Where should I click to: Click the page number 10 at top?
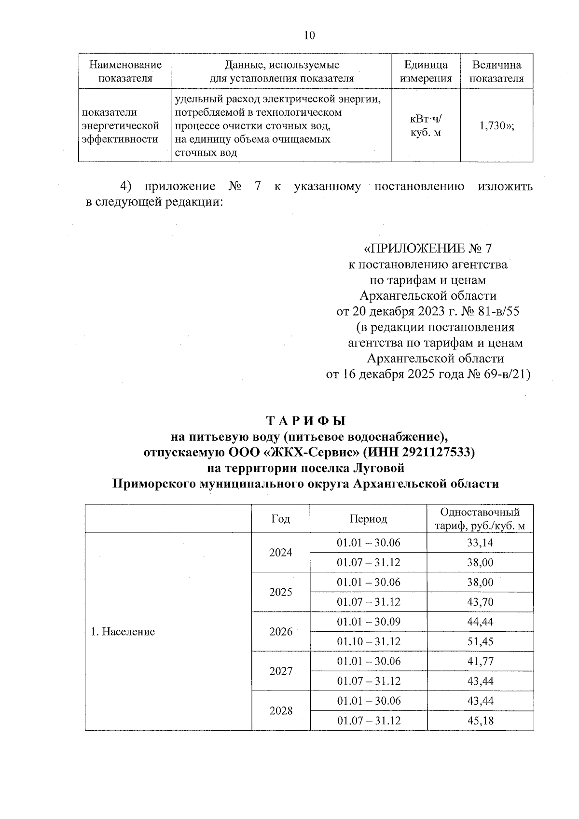click(x=309, y=35)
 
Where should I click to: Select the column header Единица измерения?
click(x=426, y=71)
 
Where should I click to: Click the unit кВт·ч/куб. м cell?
click(x=426, y=126)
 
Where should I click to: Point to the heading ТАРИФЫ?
click(x=305, y=421)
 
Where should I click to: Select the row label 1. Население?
click(x=123, y=632)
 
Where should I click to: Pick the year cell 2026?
click(x=281, y=632)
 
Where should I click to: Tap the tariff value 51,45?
click(x=480, y=641)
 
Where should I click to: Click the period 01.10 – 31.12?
click(x=369, y=641)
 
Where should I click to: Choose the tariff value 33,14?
click(x=480, y=542)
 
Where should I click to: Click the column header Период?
click(x=368, y=519)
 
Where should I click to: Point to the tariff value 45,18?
click(x=480, y=721)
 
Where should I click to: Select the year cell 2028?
click(x=281, y=711)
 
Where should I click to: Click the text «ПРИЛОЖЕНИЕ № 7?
click(x=427, y=249)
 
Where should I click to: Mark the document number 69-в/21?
click(x=505, y=375)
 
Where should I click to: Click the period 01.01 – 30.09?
click(x=369, y=622)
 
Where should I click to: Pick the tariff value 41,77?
click(x=480, y=661)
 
